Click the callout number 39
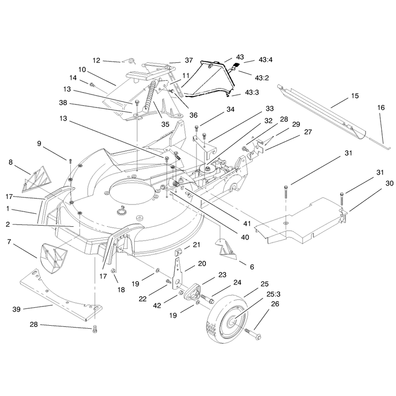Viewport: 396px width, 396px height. point(16,309)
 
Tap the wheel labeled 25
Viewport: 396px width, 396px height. point(227,319)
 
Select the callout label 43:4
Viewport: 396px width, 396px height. point(266,60)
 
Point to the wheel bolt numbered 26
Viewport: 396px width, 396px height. point(253,333)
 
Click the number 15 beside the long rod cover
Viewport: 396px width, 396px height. point(355,96)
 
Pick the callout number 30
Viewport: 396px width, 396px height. point(390,183)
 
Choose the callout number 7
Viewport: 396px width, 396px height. point(9,242)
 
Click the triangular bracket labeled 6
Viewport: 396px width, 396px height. point(226,249)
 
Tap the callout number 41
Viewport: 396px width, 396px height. point(247,223)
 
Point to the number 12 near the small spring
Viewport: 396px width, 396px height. point(97,60)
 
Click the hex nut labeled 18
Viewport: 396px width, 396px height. point(113,271)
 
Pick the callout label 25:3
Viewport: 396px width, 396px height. point(273,294)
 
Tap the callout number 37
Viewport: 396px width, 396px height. point(189,60)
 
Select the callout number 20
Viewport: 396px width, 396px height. point(202,264)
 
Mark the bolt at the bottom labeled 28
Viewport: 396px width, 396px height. point(95,329)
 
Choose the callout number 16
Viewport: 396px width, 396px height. point(381,107)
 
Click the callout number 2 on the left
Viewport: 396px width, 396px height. point(8,224)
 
